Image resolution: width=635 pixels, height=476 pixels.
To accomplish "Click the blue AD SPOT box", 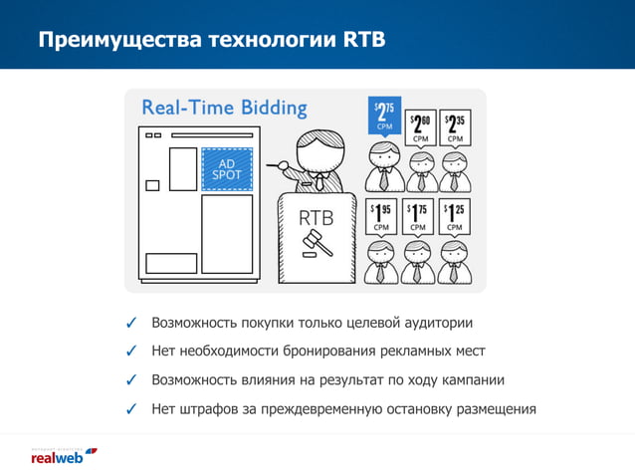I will [x=227, y=169].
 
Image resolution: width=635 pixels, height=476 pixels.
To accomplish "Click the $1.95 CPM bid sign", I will [x=381, y=216].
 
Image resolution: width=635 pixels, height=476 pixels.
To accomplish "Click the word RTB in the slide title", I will [x=364, y=41].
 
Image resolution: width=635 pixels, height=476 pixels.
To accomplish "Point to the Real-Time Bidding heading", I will [x=224, y=108].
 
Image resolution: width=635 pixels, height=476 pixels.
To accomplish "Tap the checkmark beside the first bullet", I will [x=131, y=324].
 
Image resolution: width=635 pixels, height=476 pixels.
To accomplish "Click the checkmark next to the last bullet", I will [x=131, y=409].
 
